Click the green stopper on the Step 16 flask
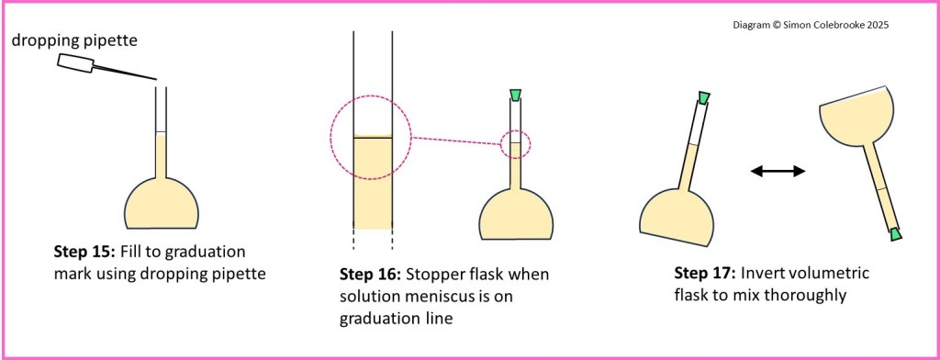click(x=515, y=95)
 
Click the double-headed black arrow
click(x=778, y=171)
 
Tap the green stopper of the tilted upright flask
click(x=704, y=97)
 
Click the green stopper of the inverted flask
click(x=896, y=235)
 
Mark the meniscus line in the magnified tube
click(x=372, y=138)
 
